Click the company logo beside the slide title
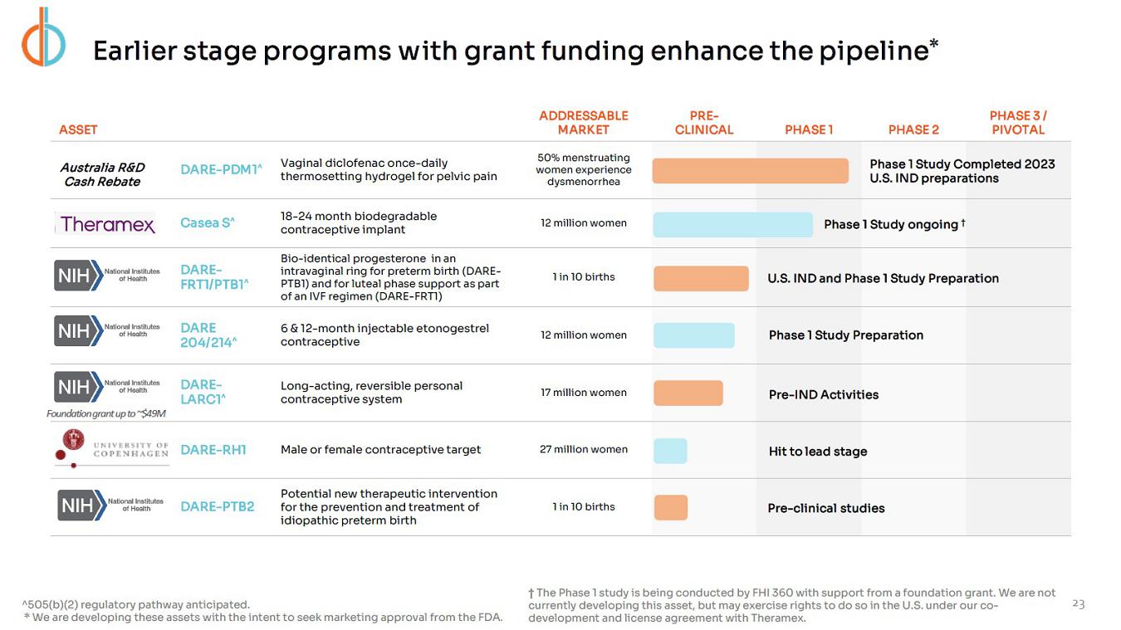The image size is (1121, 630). pyautogui.click(x=43, y=37)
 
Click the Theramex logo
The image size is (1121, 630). pyautogui.click(x=107, y=224)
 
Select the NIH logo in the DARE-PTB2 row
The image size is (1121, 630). pyautogui.click(x=111, y=505)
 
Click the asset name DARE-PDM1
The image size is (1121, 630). pyautogui.click(x=221, y=169)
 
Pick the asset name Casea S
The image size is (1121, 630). pyautogui.click(x=208, y=222)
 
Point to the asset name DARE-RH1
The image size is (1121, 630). pyautogui.click(x=213, y=450)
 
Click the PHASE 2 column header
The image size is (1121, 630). pyautogui.click(x=913, y=129)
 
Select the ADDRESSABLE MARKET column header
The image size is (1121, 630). pyautogui.click(x=583, y=123)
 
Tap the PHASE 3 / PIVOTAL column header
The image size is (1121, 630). pyautogui.click(x=1018, y=123)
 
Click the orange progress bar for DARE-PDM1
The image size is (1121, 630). pyautogui.click(x=750, y=171)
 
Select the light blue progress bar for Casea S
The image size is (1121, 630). pyautogui.click(x=732, y=225)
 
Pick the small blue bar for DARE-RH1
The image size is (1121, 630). pyautogui.click(x=670, y=451)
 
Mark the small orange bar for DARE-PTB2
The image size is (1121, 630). pyautogui.click(x=671, y=508)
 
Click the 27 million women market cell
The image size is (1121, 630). pyautogui.click(x=583, y=450)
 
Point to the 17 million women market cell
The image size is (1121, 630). pyautogui.click(x=583, y=393)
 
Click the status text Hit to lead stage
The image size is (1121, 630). pyautogui.click(x=818, y=452)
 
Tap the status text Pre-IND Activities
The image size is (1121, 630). pyautogui.click(x=824, y=395)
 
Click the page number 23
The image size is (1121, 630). pyautogui.click(x=1079, y=604)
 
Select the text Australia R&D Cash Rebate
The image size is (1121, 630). pyautogui.click(x=102, y=174)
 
